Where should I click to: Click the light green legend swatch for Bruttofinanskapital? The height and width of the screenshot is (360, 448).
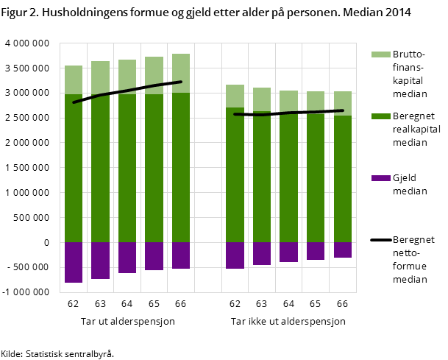(380, 54)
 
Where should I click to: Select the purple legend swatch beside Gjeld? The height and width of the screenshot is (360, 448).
(380, 178)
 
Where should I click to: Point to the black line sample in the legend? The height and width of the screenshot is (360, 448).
(380, 240)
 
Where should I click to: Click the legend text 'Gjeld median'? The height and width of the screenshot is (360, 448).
(410, 185)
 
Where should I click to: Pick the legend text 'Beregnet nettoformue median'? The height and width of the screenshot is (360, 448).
(413, 259)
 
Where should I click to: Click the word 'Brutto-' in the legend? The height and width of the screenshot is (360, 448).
(409, 54)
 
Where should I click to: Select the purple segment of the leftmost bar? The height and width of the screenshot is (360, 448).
(74, 262)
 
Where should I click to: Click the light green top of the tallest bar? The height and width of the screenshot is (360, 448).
(181, 73)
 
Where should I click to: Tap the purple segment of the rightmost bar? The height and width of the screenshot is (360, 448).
(342, 250)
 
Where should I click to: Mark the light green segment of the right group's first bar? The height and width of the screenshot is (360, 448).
(235, 96)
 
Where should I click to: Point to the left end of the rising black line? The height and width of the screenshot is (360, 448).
(74, 102)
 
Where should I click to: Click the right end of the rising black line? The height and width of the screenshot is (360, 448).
(181, 82)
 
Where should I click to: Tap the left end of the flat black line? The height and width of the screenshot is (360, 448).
(235, 114)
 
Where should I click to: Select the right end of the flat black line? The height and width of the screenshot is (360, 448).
(343, 110)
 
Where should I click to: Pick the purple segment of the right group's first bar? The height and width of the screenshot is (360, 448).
(235, 255)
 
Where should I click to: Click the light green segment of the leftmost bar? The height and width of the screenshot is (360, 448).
(74, 80)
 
